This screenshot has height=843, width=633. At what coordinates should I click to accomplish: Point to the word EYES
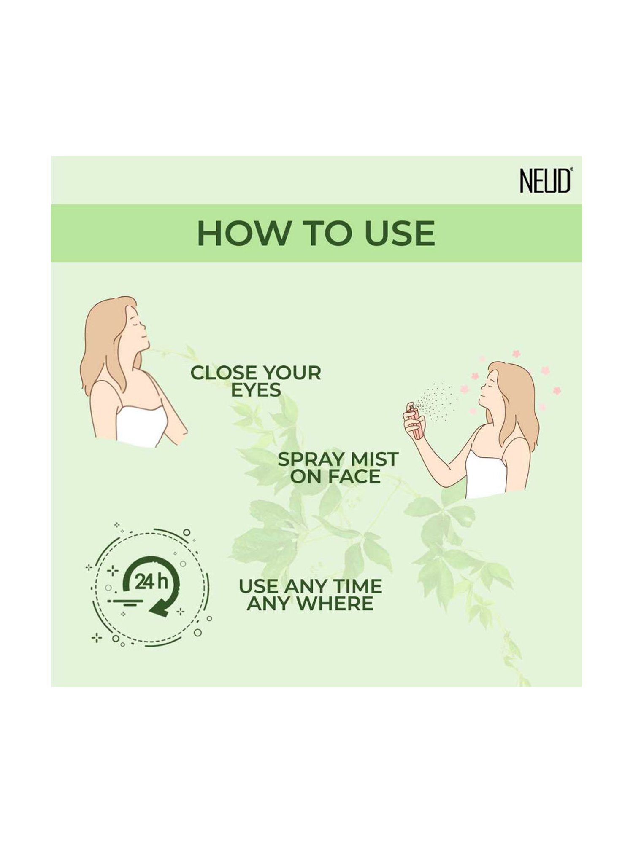pos(256,390)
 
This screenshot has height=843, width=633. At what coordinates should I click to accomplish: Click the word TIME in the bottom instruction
pos(358,587)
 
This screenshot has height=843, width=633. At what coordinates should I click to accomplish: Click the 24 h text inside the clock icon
pos(151,583)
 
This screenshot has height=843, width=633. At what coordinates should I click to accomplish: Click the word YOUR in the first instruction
pos(291,373)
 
